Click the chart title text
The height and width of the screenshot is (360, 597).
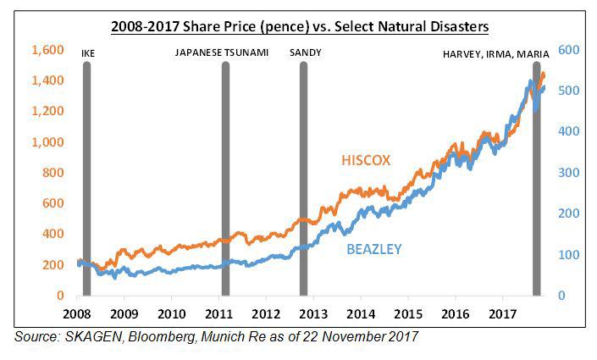click(300, 27)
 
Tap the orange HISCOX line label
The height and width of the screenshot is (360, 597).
click(366, 161)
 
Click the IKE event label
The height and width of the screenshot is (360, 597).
click(88, 53)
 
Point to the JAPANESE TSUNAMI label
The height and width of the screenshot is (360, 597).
click(222, 53)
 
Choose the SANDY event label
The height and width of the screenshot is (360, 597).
click(305, 53)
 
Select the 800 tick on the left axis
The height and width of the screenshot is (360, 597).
click(53, 173)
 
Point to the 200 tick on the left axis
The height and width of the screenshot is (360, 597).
click(53, 265)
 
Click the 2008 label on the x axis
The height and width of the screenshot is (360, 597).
click(77, 313)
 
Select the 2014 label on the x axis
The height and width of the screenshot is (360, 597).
click(361, 313)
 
